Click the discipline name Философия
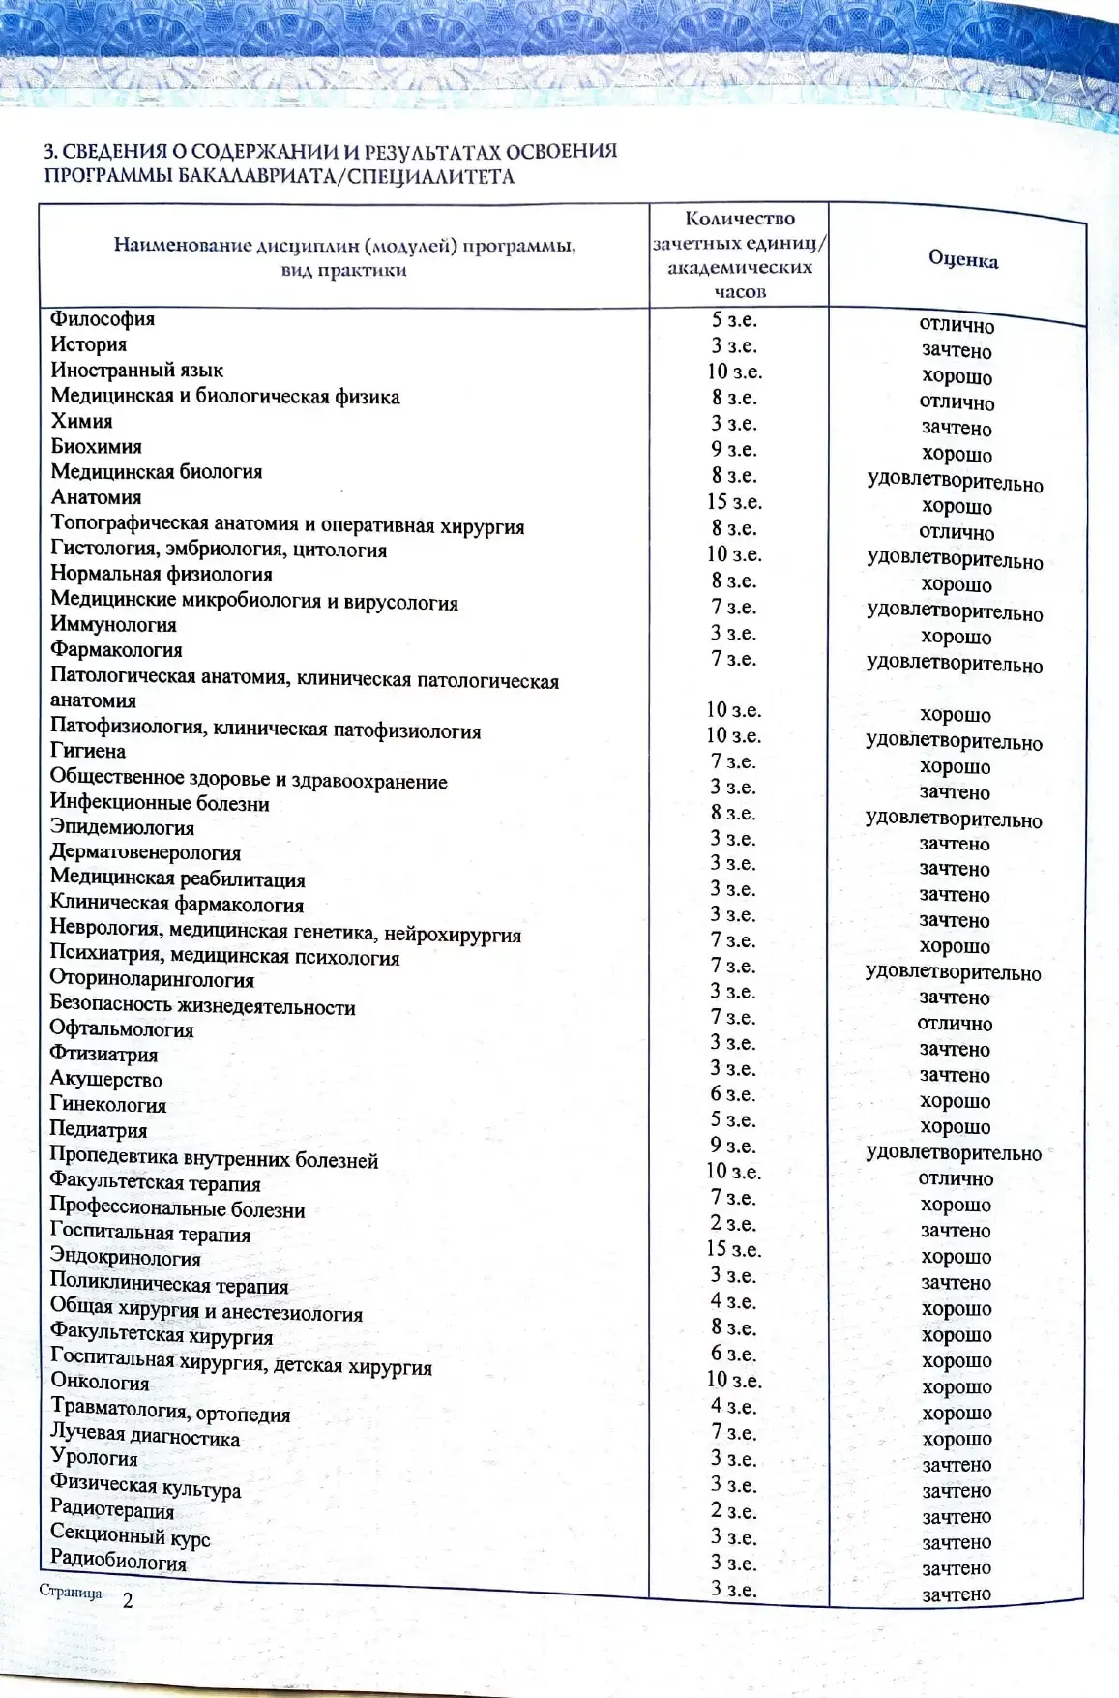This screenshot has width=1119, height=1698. click(103, 319)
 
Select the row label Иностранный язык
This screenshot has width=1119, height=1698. click(136, 371)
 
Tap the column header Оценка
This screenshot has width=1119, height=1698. click(962, 259)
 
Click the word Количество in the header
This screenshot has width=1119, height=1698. click(739, 219)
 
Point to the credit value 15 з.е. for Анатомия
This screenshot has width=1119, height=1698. click(733, 502)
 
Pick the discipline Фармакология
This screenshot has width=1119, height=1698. click(116, 650)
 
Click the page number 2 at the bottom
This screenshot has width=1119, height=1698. click(127, 1600)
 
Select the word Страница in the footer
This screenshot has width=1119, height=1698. click(71, 1592)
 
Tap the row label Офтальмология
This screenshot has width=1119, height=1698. click(122, 1029)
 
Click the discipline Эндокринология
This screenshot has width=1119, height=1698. click(126, 1259)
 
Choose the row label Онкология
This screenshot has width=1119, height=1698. click(100, 1382)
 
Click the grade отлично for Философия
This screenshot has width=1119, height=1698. click(957, 326)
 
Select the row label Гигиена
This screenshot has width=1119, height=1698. click(88, 751)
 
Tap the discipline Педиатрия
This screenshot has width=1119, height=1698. click(99, 1130)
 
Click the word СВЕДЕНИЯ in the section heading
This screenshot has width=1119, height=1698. click(114, 152)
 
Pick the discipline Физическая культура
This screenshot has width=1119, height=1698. click(145, 1483)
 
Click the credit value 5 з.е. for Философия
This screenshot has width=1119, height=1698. click(733, 320)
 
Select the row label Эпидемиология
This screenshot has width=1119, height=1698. click(122, 828)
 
